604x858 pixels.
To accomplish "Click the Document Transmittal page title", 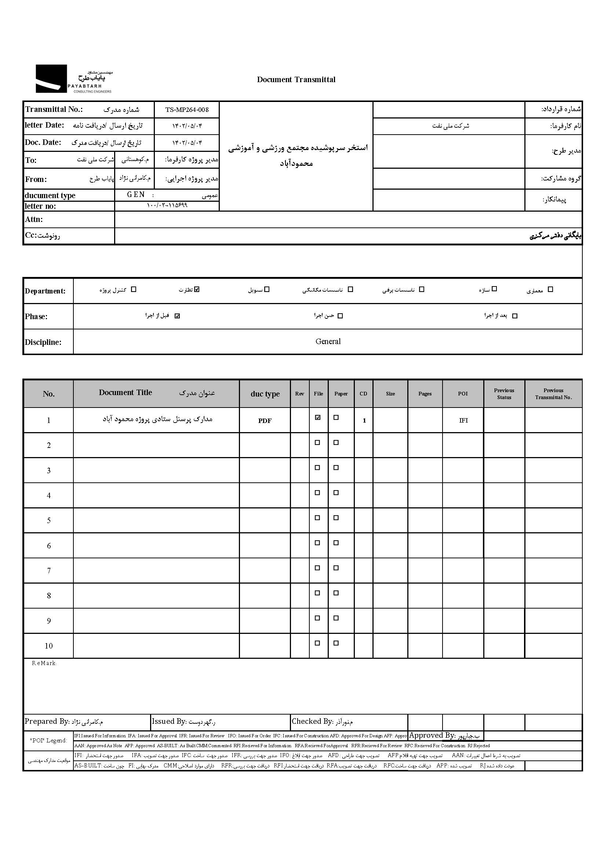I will [x=296, y=80].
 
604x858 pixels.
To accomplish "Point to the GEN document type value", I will [x=136, y=195].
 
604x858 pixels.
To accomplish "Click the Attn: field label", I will [x=34, y=219].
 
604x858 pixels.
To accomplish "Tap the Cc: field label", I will [x=32, y=236].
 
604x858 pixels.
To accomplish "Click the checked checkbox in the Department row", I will [x=197, y=289].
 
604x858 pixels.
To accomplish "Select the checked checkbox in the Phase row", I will [x=178, y=316].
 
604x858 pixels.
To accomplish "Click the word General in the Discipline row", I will [x=328, y=342].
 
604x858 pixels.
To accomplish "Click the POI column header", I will [x=463, y=394].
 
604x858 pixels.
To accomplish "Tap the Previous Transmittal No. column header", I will [x=553, y=394].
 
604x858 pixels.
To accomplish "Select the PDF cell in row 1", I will [x=265, y=421].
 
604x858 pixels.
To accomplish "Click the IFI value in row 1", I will [x=463, y=420].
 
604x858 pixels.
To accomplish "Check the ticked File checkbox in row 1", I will [x=318, y=418].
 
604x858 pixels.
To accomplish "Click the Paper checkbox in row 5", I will [x=336, y=518].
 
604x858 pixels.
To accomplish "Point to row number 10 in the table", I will [x=48, y=646].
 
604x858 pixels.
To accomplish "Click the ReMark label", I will [x=44, y=663].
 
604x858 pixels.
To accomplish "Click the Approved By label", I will [x=432, y=735].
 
